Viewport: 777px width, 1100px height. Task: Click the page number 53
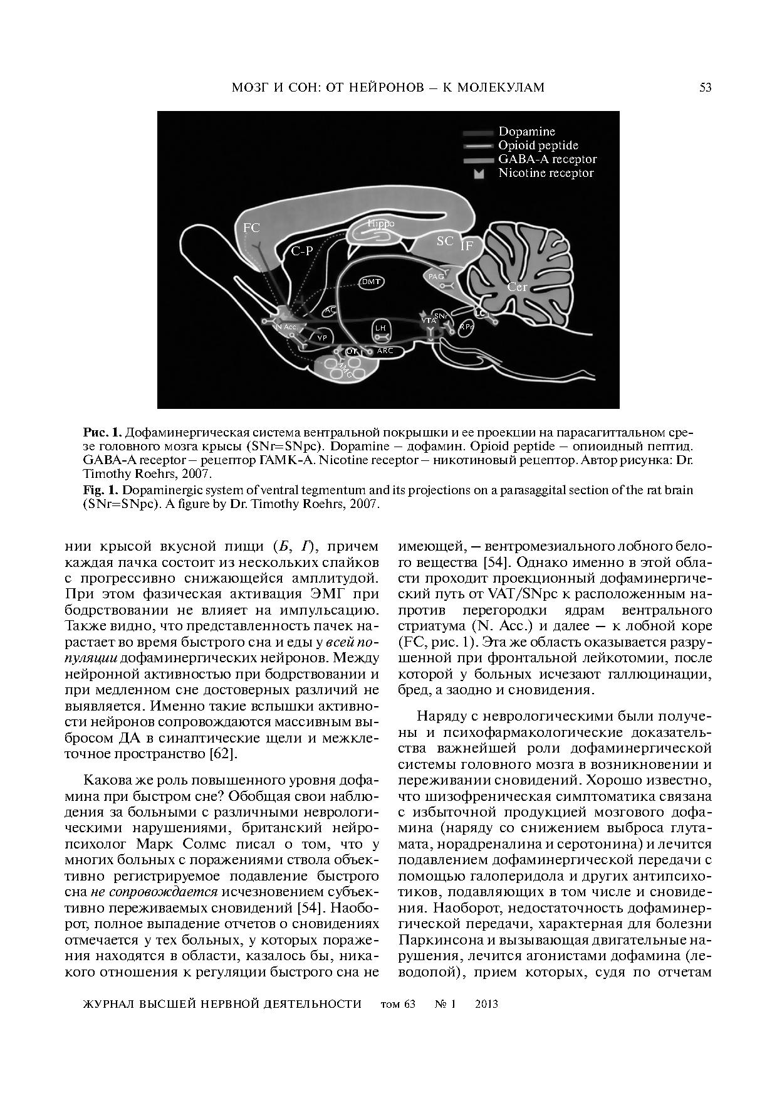pyautogui.click(x=705, y=88)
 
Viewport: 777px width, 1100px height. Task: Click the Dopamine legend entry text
pyautogui.click(x=526, y=132)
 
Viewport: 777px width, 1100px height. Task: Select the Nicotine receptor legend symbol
pyautogui.click(x=479, y=174)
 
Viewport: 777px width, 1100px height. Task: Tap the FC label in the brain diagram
pyautogui.click(x=251, y=228)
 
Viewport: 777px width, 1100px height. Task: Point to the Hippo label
pyautogui.click(x=381, y=224)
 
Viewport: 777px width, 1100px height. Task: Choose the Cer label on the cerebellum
pyautogui.click(x=517, y=287)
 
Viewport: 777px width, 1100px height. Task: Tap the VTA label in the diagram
pyautogui.click(x=429, y=320)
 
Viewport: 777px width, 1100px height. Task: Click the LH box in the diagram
pyautogui.click(x=380, y=329)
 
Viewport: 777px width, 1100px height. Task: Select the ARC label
pyautogui.click(x=385, y=351)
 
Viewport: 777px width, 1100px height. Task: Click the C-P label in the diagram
pyautogui.click(x=301, y=251)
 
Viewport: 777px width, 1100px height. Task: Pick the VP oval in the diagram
pyautogui.click(x=321, y=337)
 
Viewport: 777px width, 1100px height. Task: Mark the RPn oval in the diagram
pyautogui.click(x=466, y=327)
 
